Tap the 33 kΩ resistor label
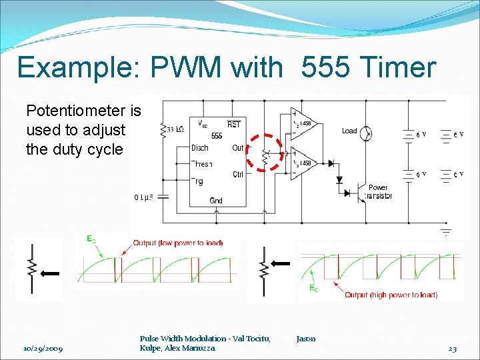point(175,130)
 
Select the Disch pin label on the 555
point(200,148)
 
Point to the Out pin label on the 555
point(238,148)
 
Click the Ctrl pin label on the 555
point(238,175)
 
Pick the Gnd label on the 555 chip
point(216,201)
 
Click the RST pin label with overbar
point(234,124)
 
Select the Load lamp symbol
point(366,134)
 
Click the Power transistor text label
point(379,192)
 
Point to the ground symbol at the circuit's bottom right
point(445,231)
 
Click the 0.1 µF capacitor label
point(145,197)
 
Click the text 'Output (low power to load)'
point(178,243)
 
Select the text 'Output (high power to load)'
point(391,295)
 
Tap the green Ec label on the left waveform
point(90,239)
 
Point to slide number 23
point(453,349)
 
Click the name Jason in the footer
point(306,339)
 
